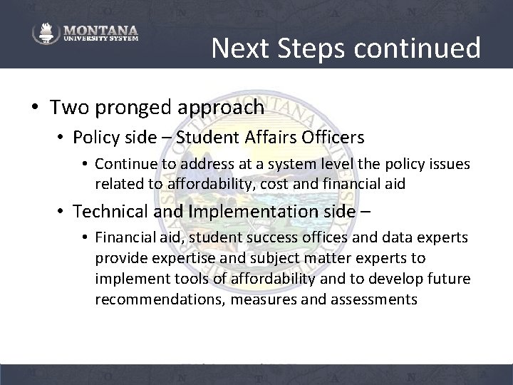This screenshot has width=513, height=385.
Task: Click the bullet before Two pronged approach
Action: point(35,108)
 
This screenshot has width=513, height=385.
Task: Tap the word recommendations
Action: point(155,299)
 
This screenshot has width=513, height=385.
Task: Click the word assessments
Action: point(373,299)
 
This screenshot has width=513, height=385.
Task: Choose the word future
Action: point(443,279)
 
